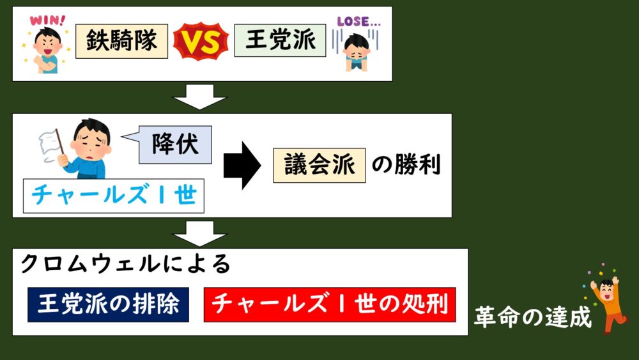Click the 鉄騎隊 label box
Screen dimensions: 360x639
(121, 41)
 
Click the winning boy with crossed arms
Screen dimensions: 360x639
(47, 49)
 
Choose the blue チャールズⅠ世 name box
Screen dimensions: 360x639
(114, 195)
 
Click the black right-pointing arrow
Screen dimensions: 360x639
(242, 165)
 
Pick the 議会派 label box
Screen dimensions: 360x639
(319, 165)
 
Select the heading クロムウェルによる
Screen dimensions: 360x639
(126, 263)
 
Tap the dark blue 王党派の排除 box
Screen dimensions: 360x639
(108, 304)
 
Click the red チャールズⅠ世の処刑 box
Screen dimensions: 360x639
(330, 304)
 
